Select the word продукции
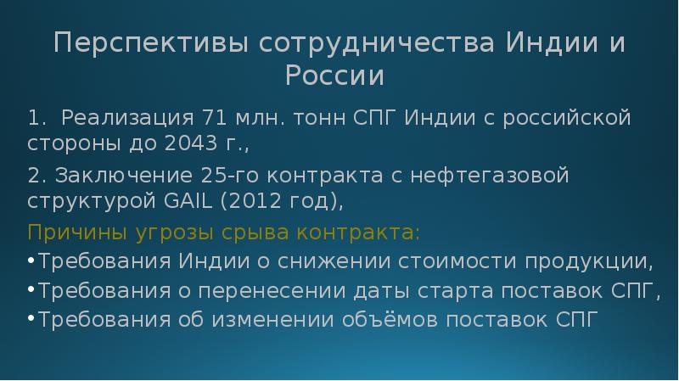[598, 261]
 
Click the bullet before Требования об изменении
[31, 321]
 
